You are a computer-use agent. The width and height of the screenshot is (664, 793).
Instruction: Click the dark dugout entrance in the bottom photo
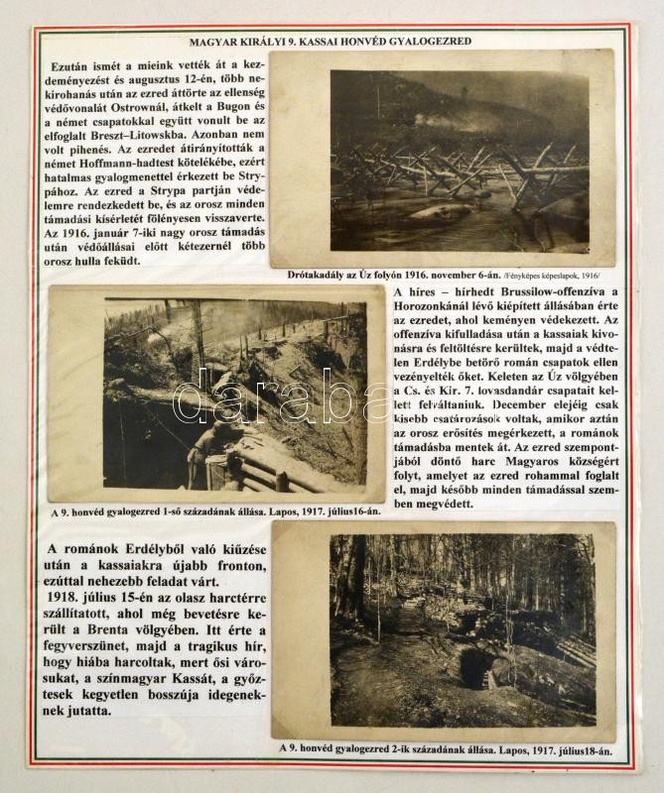click(x=474, y=666)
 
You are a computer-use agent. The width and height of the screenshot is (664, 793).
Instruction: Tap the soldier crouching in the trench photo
click(x=213, y=436)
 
